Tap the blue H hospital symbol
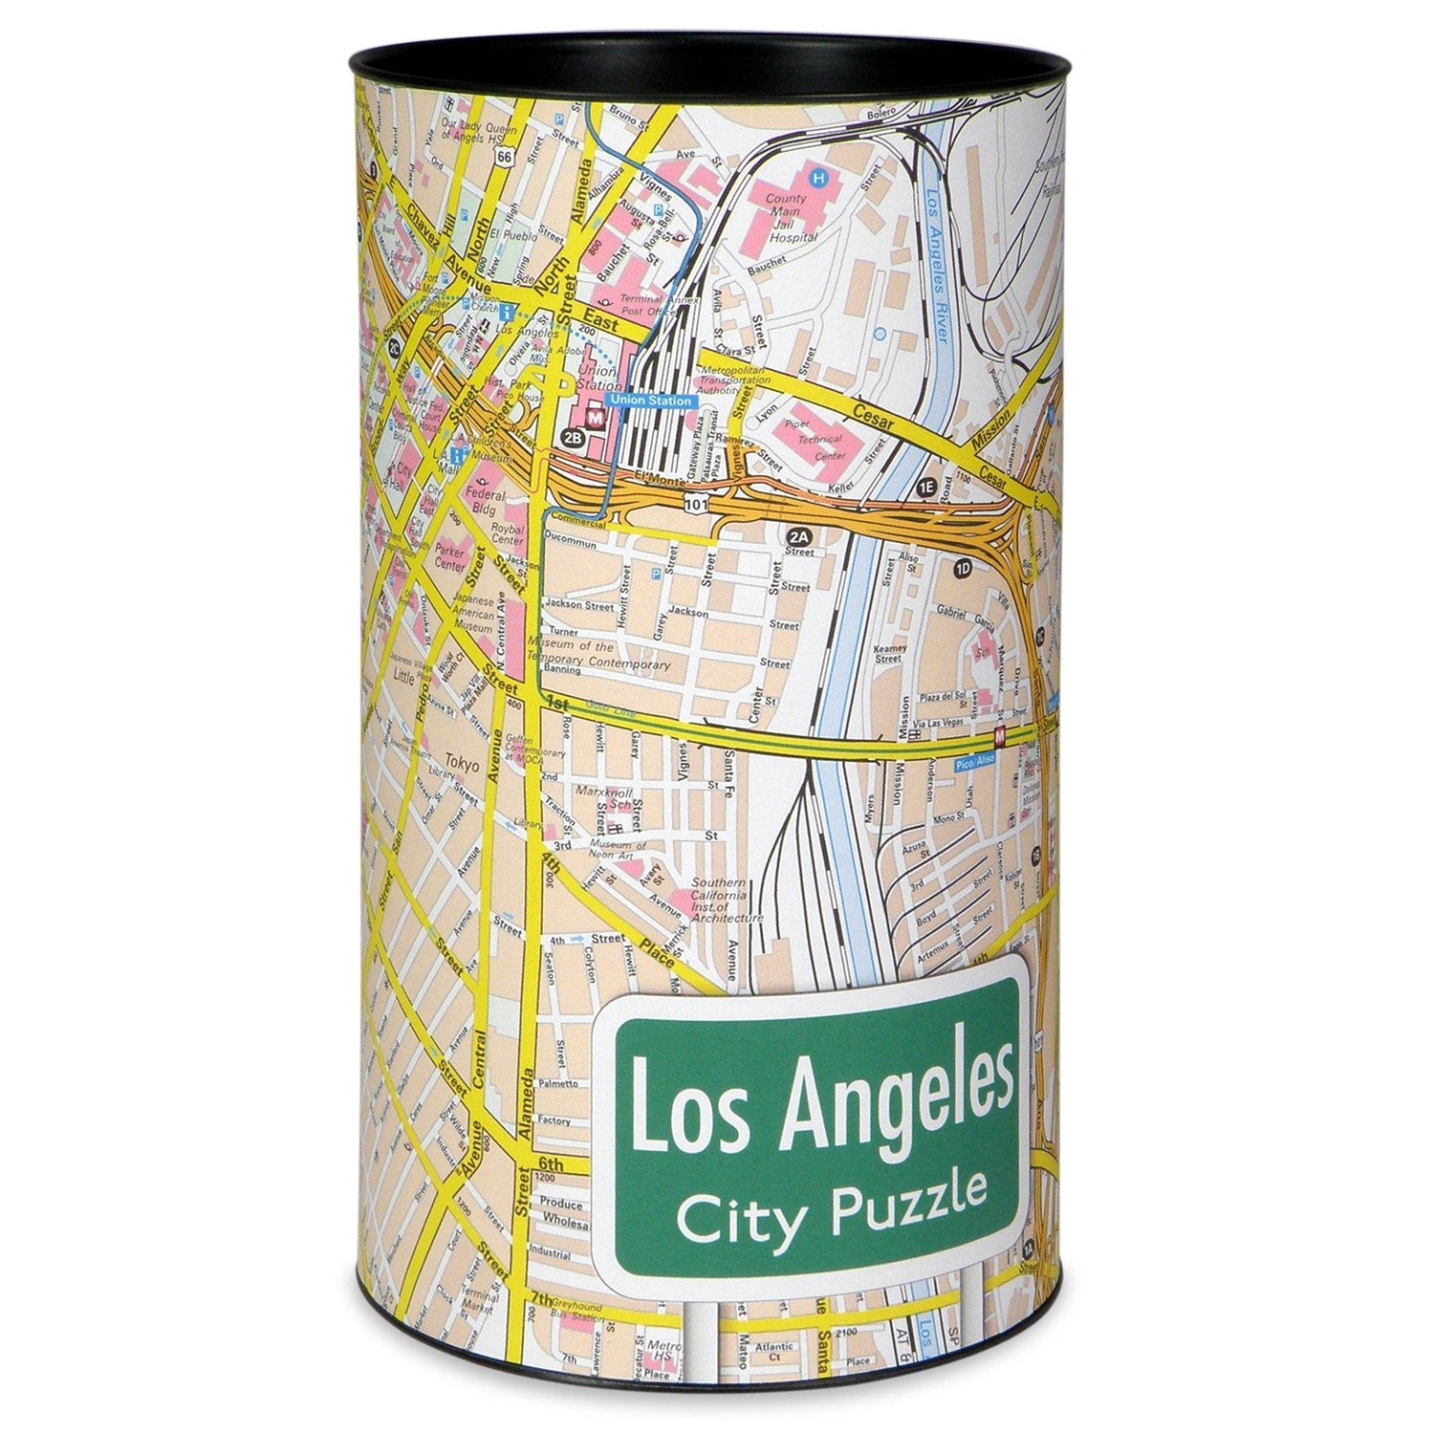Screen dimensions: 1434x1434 pos(818,177)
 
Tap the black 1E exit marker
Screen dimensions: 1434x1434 pos(924,487)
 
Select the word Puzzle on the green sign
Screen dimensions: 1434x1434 pos(910,1195)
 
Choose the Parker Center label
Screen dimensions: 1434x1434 pos(449,557)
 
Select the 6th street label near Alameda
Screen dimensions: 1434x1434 pos(552,1162)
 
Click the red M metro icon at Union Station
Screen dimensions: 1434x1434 pos(595,418)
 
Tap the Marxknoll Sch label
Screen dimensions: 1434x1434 pos(605,797)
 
